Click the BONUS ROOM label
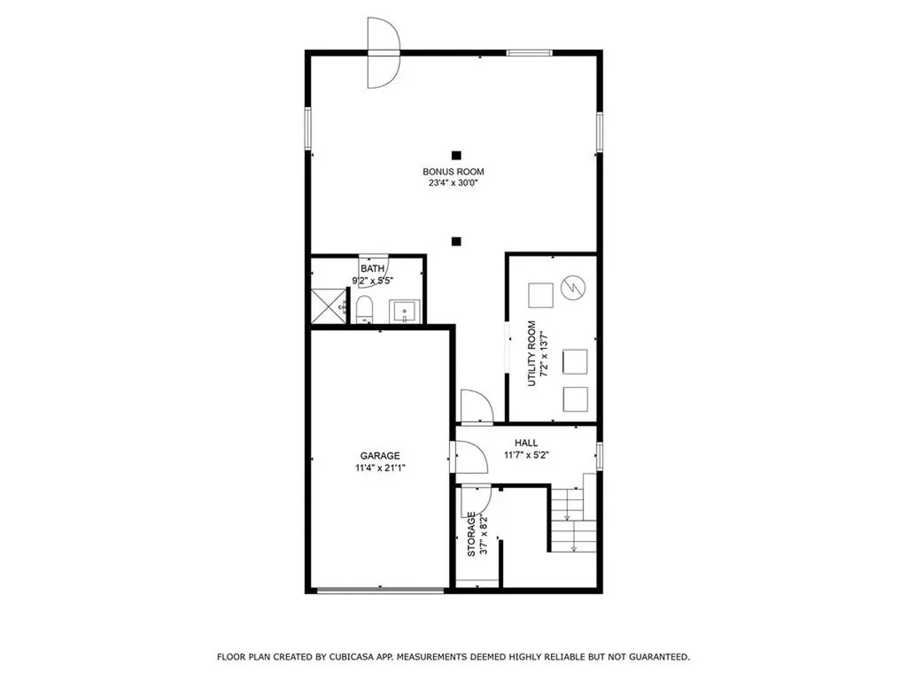point(453,172)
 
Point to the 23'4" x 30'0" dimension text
point(453,184)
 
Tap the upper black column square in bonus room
point(455,153)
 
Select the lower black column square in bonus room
point(455,239)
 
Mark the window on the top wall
point(530,53)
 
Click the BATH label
point(373,268)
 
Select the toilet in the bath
point(364,309)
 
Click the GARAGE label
point(380,455)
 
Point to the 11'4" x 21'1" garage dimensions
point(380,467)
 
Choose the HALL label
point(526,443)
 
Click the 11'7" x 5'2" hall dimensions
point(526,455)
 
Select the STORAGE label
point(472,537)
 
